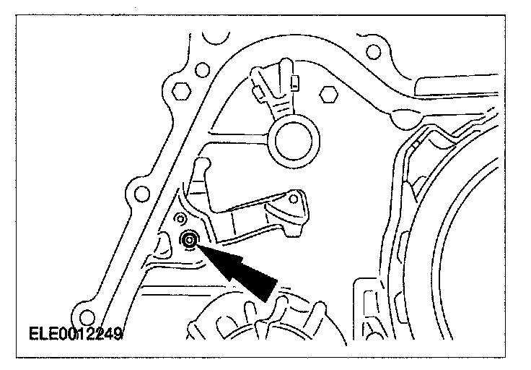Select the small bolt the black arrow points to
point(190,241)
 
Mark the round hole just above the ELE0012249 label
point(87,316)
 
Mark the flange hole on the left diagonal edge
point(137,193)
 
